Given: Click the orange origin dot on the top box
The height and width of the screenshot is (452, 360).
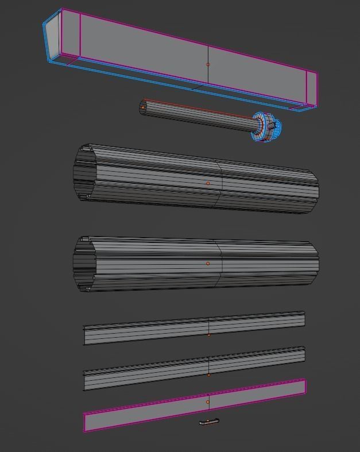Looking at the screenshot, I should [x=208, y=64].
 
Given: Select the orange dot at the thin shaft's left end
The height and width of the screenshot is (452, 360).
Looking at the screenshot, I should [x=142, y=107].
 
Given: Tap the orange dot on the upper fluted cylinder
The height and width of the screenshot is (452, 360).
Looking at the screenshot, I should [x=208, y=183].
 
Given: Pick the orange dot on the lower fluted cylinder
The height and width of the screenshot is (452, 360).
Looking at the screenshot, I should [x=208, y=264].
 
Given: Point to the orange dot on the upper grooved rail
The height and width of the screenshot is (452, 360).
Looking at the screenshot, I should [x=208, y=334].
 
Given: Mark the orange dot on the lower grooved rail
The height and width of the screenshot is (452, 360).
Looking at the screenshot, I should [x=208, y=374].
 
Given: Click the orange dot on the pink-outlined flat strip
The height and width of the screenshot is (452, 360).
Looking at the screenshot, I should [x=208, y=402].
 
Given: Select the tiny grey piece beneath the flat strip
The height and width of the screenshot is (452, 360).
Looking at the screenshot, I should [x=209, y=422].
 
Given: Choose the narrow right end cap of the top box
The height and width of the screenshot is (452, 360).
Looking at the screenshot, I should [x=311, y=88].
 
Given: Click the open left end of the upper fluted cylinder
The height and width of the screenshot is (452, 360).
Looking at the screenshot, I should [x=84, y=173].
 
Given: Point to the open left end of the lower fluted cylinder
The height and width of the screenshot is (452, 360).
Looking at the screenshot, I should [x=84, y=264].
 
